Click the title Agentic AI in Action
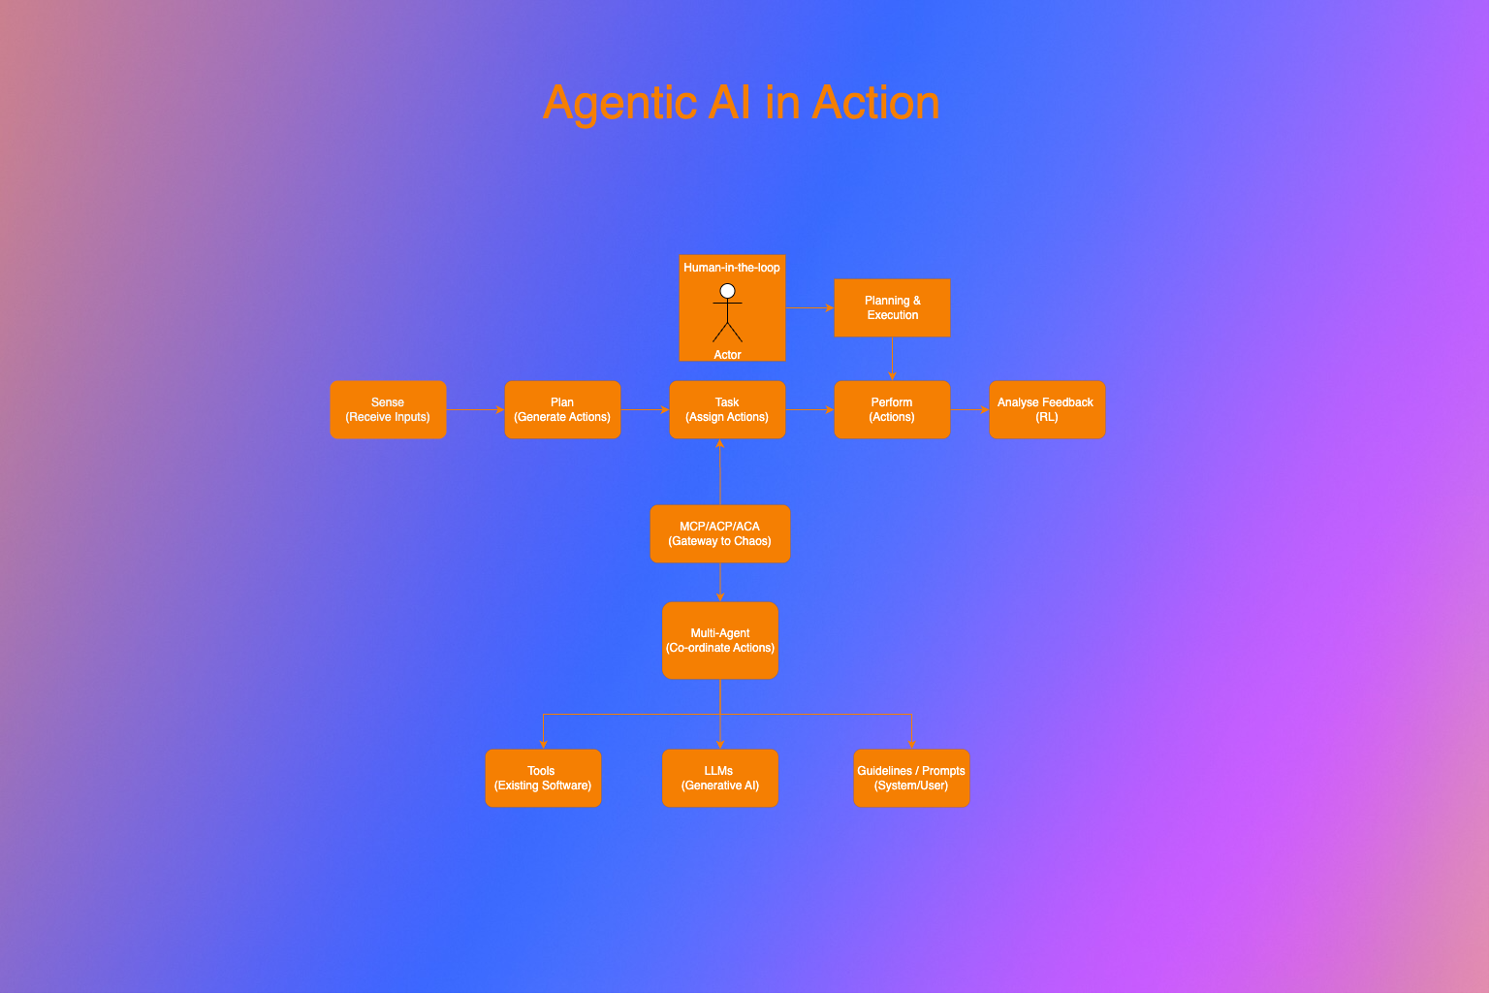pos(742,103)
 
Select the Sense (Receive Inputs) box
pos(388,409)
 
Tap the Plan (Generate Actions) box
pos(562,409)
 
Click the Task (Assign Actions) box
pos(727,409)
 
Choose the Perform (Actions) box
pos(892,409)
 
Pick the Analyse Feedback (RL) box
pos(1047,409)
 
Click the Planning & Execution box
pos(892,307)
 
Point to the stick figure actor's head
pos(727,291)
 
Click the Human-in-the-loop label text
pos(732,268)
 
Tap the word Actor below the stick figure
pos(727,355)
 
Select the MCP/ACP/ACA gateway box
pos(720,533)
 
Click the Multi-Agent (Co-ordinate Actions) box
pos(720,640)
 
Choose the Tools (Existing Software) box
pos(543,778)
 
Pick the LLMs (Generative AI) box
pos(720,778)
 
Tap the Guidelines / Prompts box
pos(911,778)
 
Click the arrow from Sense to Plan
pos(475,409)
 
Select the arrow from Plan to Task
pos(645,409)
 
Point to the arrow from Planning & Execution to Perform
pos(892,359)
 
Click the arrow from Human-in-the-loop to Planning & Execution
pos(809,307)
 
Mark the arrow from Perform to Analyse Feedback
pos(969,409)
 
